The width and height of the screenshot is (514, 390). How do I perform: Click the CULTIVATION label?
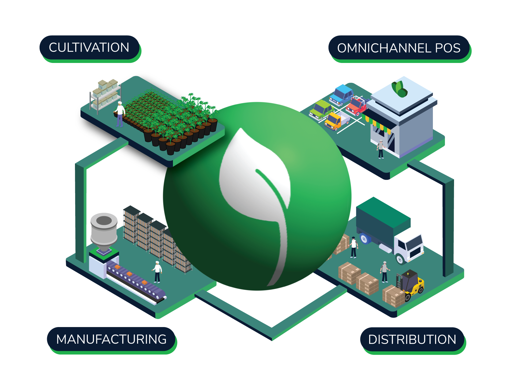(89, 48)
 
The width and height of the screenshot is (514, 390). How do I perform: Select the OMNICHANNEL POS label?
(399, 48)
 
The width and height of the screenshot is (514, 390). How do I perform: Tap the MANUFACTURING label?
(111, 339)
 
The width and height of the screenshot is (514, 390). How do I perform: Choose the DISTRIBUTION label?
(412, 340)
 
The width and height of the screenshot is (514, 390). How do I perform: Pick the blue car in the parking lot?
(342, 95)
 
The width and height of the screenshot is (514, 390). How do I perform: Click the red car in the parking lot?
(356, 106)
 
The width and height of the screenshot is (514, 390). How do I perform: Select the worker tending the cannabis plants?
(120, 114)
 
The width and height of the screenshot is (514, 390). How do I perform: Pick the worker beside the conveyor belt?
(157, 272)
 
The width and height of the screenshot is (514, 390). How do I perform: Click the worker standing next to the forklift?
(385, 272)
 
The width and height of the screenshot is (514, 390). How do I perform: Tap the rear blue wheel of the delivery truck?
(364, 239)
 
